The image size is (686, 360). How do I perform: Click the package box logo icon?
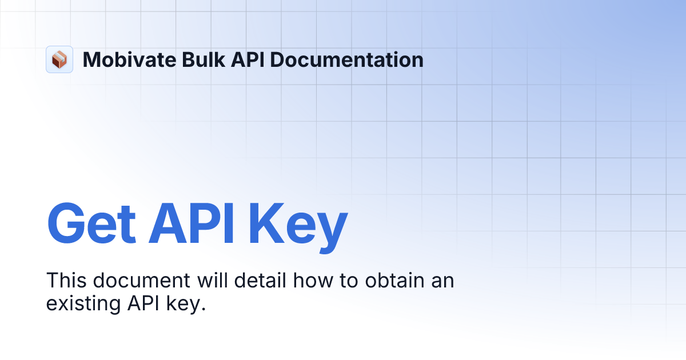59,59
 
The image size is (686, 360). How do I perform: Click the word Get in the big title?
91,223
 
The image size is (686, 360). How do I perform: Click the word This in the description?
66,281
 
